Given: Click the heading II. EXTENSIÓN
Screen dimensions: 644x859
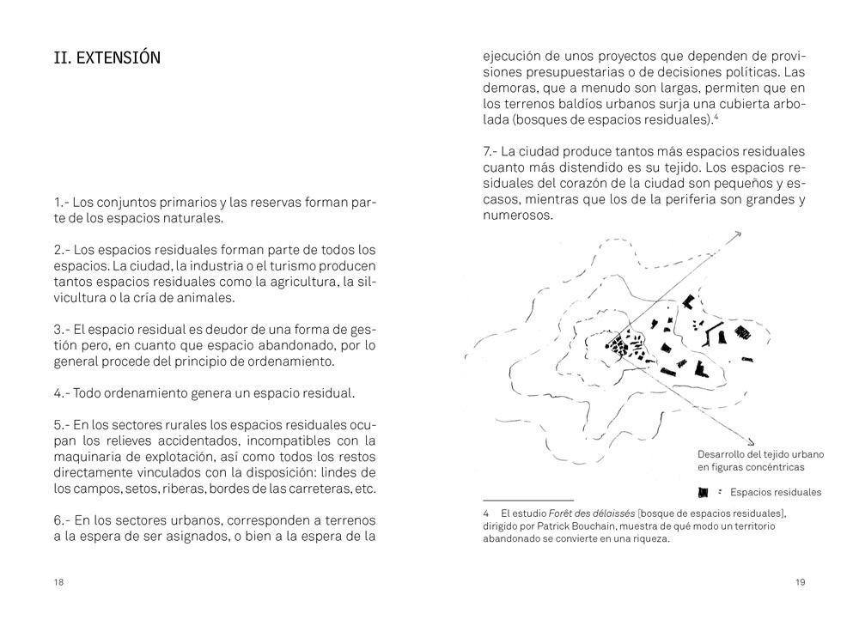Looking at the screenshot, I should tap(107, 58).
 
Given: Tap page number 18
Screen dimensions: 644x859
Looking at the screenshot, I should tap(58, 582).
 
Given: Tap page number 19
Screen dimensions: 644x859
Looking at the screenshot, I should tap(800, 582).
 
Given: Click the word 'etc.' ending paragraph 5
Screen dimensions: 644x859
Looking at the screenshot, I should tap(364, 489).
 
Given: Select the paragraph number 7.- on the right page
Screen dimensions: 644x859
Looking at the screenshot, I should tap(492, 151).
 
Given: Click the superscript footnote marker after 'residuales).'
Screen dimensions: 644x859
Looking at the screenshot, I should tap(716, 116).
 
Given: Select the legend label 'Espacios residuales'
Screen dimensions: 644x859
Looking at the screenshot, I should tap(775, 492).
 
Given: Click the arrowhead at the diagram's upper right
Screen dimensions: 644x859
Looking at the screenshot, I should tap(737, 234).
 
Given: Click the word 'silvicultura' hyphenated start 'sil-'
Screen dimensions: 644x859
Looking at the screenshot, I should tap(367, 282).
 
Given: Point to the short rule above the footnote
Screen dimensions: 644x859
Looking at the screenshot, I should tap(527, 500).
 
